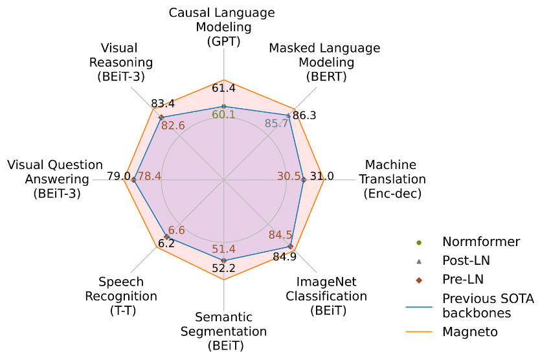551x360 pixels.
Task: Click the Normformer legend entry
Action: [x=480, y=242]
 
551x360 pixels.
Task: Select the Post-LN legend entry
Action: [x=466, y=260]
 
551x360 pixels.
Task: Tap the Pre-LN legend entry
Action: [x=463, y=279]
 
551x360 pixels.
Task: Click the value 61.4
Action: [x=223, y=89]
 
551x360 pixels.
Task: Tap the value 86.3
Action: [x=304, y=116]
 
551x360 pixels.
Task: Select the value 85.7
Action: [x=277, y=123]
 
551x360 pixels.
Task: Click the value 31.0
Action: [x=322, y=176]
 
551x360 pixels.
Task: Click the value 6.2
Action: [x=166, y=244]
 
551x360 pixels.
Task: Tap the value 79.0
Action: [x=118, y=176]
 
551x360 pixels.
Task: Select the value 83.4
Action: [x=163, y=103]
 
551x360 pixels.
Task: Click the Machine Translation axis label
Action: [x=392, y=179]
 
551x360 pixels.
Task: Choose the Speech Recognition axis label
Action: [x=128, y=296]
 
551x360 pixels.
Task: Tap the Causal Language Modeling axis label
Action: [x=222, y=27]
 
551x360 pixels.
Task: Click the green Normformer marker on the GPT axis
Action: [x=223, y=106]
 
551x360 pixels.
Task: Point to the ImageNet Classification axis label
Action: [x=332, y=296]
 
